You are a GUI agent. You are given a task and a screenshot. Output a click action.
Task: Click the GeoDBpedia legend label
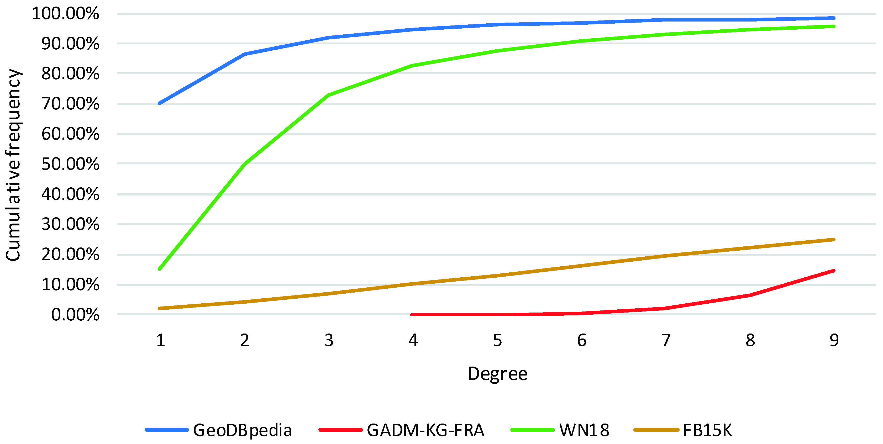(x=242, y=430)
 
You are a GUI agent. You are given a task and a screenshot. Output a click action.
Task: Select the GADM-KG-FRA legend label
(x=425, y=430)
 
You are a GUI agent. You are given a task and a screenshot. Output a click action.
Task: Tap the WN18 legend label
(x=584, y=430)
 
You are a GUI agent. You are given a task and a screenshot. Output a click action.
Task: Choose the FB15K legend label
(x=707, y=430)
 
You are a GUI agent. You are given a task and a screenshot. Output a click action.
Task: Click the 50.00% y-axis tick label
(x=70, y=164)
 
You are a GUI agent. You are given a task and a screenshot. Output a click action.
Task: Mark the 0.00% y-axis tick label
(x=75, y=314)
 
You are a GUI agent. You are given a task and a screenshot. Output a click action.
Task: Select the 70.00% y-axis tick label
(x=70, y=104)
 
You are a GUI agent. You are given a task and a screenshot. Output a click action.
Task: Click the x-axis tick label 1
(x=160, y=340)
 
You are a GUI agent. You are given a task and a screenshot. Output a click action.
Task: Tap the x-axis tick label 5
(x=497, y=340)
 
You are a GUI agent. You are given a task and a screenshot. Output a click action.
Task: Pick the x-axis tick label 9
(x=834, y=340)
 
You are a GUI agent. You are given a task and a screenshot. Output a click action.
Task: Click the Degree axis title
(x=497, y=374)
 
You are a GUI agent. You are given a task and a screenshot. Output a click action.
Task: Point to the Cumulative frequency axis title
(x=14, y=165)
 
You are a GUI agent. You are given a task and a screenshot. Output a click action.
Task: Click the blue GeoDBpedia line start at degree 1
(x=160, y=103)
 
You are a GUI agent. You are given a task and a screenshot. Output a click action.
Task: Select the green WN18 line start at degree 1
(x=160, y=269)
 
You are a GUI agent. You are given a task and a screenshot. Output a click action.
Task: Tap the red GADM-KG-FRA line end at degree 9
(x=834, y=271)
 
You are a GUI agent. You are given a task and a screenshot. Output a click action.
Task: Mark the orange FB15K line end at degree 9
(x=834, y=240)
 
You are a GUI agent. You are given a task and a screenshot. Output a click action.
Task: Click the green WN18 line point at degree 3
(x=329, y=95)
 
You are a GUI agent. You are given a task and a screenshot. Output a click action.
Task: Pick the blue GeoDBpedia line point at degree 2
(x=245, y=54)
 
